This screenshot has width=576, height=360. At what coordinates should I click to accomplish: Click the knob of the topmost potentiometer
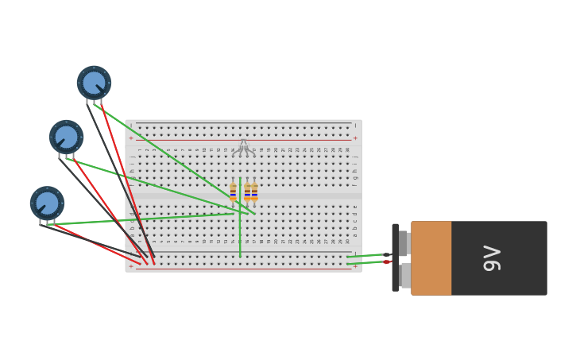tap(94, 83)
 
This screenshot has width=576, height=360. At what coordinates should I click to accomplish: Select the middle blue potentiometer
tap(67, 137)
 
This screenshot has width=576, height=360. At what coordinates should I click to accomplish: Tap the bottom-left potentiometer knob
tap(48, 203)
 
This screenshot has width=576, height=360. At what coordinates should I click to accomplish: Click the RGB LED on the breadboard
tap(244, 146)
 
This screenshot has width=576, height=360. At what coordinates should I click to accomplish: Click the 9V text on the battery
tap(493, 258)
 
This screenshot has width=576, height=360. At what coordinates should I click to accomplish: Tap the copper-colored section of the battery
tap(431, 258)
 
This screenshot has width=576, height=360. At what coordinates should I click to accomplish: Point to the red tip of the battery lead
tap(387, 261)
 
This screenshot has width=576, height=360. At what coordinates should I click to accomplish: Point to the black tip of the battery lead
tap(387, 255)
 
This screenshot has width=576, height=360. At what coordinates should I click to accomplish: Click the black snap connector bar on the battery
tap(396, 257)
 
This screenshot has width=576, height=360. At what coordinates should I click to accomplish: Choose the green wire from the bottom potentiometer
tap(143, 219)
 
